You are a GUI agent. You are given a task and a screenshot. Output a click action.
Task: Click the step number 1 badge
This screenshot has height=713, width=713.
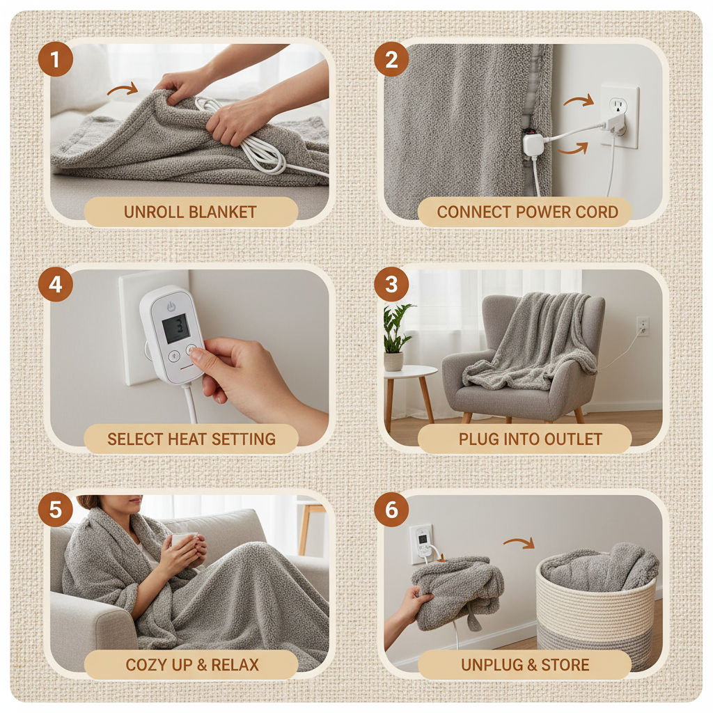point(56,60)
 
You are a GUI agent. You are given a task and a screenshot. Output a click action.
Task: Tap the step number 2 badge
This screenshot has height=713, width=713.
point(391,60)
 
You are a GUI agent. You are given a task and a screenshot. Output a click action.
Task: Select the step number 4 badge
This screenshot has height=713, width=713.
point(56,285)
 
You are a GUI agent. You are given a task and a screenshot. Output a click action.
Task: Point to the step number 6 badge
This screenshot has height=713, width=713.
point(391,510)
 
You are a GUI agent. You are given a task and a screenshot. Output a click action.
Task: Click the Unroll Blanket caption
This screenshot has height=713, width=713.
point(190,212)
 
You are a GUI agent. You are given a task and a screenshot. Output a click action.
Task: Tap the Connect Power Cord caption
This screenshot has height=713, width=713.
point(527,212)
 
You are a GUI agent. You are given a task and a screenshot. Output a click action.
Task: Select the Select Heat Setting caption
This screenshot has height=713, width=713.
point(191,439)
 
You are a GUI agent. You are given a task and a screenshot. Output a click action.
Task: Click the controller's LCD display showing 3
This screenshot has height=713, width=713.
point(175,328)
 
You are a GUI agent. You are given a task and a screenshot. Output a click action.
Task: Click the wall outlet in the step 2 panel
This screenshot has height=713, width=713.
point(619,116)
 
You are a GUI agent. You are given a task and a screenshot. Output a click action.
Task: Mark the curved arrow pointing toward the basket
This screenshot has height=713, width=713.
point(518,542)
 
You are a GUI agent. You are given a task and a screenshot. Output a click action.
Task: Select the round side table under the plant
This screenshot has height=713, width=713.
point(410,379)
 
